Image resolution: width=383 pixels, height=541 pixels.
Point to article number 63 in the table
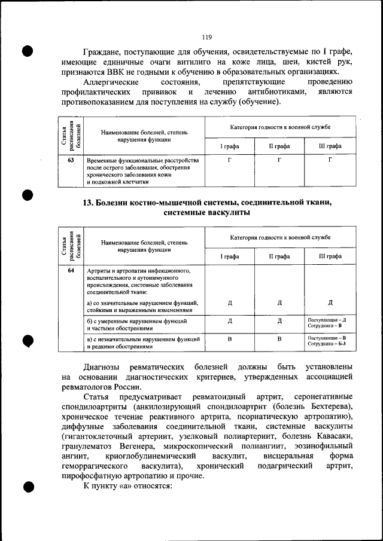tap(71, 161)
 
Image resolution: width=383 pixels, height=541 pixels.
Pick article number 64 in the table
tap(71, 271)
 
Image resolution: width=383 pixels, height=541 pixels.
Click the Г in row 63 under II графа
tap(279, 161)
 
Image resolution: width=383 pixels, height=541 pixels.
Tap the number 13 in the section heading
tap(87, 203)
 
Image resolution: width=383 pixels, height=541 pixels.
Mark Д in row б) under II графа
tap(279, 321)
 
